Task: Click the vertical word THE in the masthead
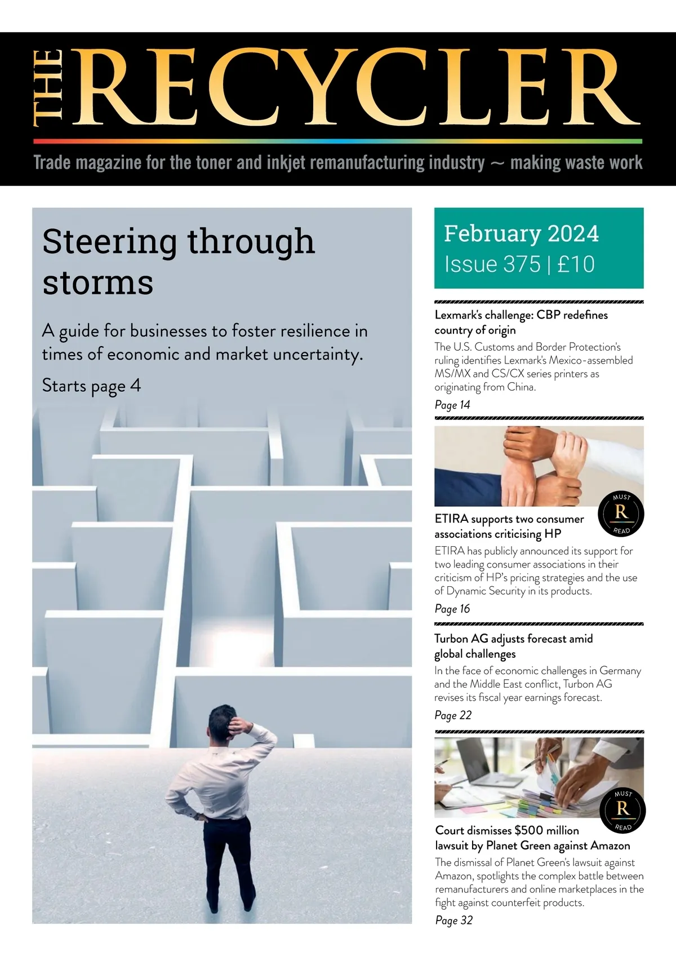point(47,87)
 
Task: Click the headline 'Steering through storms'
point(178,260)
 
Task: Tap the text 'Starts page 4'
point(91,386)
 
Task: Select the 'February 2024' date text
point(521,233)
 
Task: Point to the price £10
point(576,264)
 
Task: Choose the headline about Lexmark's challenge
point(521,322)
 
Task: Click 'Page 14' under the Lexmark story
point(452,405)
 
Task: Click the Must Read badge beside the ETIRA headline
point(621,514)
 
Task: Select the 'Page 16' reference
point(452,609)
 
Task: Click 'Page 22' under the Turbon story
point(453,715)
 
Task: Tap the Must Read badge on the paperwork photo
point(622,810)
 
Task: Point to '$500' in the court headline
point(530,830)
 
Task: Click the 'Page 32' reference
point(453,920)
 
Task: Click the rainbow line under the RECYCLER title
point(338,141)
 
